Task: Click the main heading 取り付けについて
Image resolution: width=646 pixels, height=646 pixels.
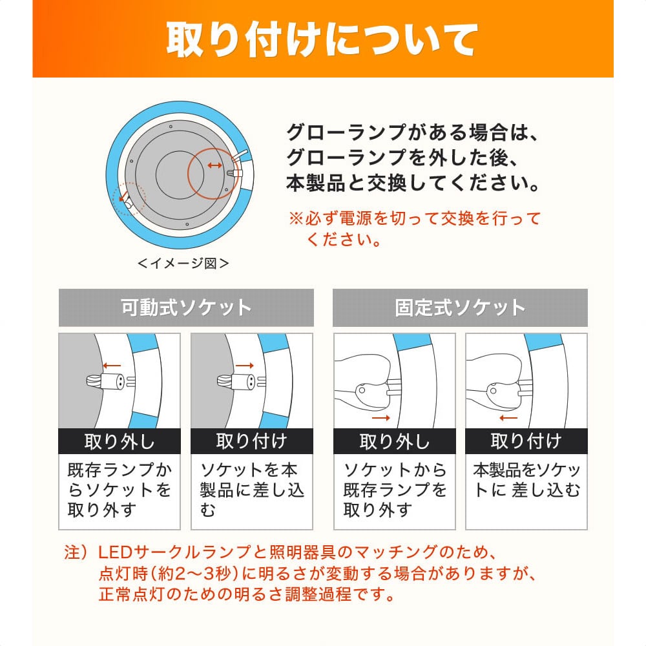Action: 322,40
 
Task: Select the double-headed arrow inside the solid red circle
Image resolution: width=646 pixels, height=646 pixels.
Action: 214,166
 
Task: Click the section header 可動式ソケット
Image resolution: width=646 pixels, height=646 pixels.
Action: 186,307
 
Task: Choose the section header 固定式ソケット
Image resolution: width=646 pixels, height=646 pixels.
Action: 460,307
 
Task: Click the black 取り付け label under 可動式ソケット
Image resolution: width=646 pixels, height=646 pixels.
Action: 252,441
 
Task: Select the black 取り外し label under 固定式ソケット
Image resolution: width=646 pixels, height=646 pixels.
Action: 394,441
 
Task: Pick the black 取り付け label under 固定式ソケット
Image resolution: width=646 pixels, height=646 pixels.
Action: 526,441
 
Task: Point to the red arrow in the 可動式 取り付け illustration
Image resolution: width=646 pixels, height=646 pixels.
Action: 244,366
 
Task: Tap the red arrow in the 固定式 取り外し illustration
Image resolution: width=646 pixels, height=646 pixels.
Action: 381,418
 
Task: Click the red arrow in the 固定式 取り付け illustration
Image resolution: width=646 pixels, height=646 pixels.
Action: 508,418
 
